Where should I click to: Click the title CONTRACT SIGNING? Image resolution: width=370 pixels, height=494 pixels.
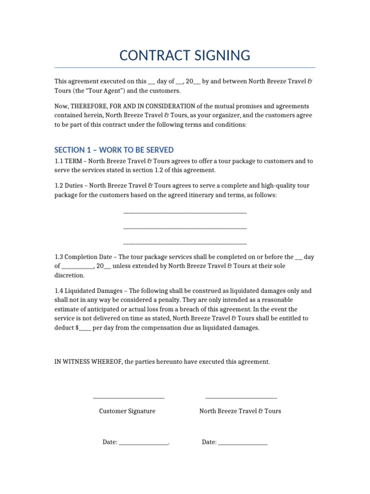[185, 55]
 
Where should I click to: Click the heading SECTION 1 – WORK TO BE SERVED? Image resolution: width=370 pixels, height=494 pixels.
[114, 150]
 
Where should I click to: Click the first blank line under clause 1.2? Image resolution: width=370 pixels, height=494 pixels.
[185, 212]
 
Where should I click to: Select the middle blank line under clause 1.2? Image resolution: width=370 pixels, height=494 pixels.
[185, 228]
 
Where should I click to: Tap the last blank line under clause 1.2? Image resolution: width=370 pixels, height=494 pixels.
[185, 243]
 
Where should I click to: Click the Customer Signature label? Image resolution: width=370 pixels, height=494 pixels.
[127, 411]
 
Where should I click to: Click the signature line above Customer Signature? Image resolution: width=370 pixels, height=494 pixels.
[128, 398]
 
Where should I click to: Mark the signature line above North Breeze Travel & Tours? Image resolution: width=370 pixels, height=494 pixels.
[241, 398]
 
